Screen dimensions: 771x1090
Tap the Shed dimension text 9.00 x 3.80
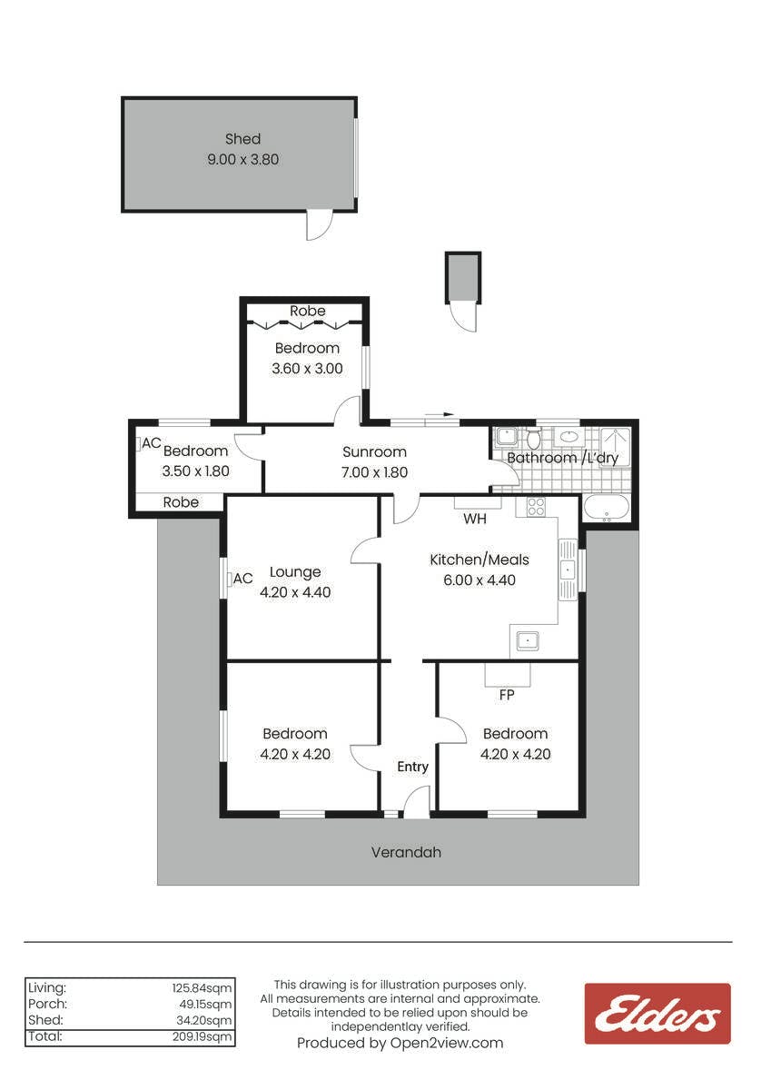(x=242, y=160)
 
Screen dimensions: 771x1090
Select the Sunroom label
(x=374, y=452)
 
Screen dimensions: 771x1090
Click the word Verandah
(x=406, y=852)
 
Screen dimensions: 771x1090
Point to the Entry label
(x=412, y=767)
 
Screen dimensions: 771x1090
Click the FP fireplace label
(x=507, y=695)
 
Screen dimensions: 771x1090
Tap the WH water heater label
(x=475, y=519)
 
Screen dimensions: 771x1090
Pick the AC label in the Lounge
(x=242, y=579)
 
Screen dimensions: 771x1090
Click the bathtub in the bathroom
(x=606, y=508)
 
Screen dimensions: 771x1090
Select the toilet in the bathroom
(x=534, y=438)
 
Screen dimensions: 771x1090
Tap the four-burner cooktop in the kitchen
(x=536, y=506)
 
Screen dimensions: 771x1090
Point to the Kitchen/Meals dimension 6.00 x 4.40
(x=479, y=580)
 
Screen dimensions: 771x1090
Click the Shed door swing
(x=319, y=225)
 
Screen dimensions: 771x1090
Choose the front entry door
(x=415, y=802)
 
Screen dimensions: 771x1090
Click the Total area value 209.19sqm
(x=202, y=1036)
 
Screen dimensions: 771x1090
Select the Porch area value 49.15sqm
(x=205, y=1004)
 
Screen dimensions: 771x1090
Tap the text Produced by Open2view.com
(x=400, y=1043)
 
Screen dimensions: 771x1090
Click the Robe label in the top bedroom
(x=308, y=311)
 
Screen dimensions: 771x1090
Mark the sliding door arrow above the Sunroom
(x=440, y=414)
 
